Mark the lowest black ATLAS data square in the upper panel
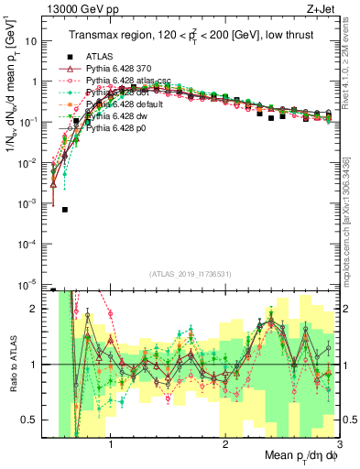click(x=65, y=209)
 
